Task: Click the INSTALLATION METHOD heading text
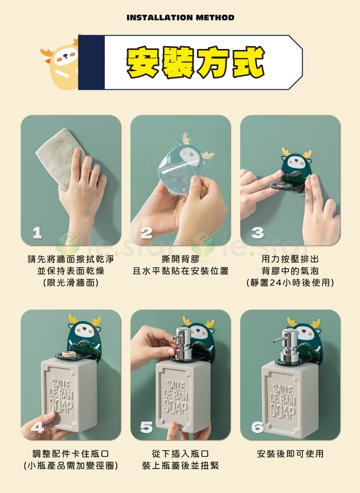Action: click(x=180, y=18)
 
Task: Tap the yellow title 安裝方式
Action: click(x=195, y=62)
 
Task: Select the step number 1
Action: click(x=37, y=233)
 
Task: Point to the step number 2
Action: click(x=146, y=233)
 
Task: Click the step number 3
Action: click(x=257, y=233)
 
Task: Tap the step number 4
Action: click(x=37, y=427)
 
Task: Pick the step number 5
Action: click(x=146, y=427)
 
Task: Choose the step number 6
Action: click(x=257, y=427)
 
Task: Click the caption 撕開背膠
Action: click(x=180, y=259)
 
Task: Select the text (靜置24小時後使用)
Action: click(x=290, y=282)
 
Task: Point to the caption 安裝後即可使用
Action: click(x=290, y=453)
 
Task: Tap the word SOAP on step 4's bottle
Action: click(x=62, y=406)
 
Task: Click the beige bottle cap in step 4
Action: click(x=69, y=354)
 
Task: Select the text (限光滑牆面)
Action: click(x=71, y=282)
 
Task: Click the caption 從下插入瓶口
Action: click(x=180, y=453)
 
